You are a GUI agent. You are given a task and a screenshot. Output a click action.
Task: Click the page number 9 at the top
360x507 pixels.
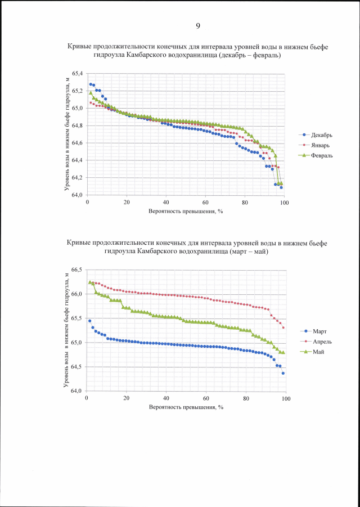(198, 26)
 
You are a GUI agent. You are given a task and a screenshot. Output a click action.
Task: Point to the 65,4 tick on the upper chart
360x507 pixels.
(77, 74)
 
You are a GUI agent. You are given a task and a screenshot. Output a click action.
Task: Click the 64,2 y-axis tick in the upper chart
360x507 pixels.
(77, 178)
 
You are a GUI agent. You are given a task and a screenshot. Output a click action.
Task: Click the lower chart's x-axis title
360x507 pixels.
(186, 407)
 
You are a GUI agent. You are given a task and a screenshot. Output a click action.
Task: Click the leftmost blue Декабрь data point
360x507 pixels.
(91, 84)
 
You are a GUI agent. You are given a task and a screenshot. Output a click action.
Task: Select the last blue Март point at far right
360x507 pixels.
(283, 373)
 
